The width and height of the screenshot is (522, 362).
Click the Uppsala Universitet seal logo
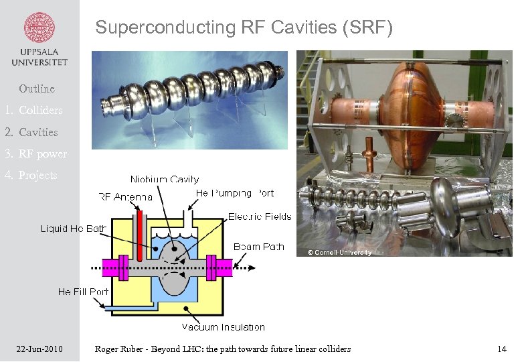coord(39,28)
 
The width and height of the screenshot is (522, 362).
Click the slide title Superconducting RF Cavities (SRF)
coord(244,27)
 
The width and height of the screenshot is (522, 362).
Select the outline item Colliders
coord(40,110)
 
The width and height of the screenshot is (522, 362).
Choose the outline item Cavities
coord(38,132)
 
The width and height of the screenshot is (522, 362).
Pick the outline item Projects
coord(38,175)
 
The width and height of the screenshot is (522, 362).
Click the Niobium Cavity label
coord(165,179)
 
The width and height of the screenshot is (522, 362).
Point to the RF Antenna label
coord(125,196)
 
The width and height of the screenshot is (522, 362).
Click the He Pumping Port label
coord(234,193)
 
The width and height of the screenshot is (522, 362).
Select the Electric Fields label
coord(260,217)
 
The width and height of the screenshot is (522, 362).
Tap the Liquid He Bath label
coord(74,229)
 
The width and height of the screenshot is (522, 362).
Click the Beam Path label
coord(259,247)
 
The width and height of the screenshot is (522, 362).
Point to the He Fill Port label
coord(83,292)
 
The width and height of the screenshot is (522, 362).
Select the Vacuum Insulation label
coord(224,327)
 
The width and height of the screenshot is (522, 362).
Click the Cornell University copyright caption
coord(339,253)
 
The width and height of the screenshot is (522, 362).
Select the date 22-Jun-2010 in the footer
coord(39,349)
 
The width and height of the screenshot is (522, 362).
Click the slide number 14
coord(501,349)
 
